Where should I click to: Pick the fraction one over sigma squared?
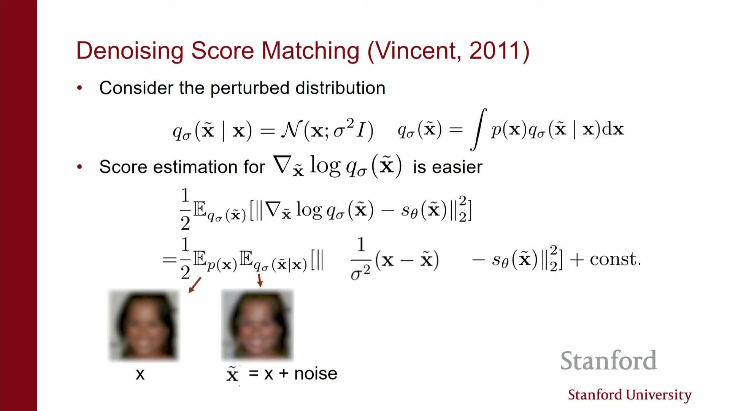(361, 259)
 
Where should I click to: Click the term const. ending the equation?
(615, 259)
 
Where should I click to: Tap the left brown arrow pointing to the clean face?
(195, 285)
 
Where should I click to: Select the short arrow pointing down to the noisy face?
(260, 280)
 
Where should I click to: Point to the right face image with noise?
(257, 325)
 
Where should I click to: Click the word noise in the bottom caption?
(316, 374)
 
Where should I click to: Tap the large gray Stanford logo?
(608, 361)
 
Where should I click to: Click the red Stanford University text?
(630, 395)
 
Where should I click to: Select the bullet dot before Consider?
(79, 88)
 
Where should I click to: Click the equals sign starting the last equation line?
(169, 260)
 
